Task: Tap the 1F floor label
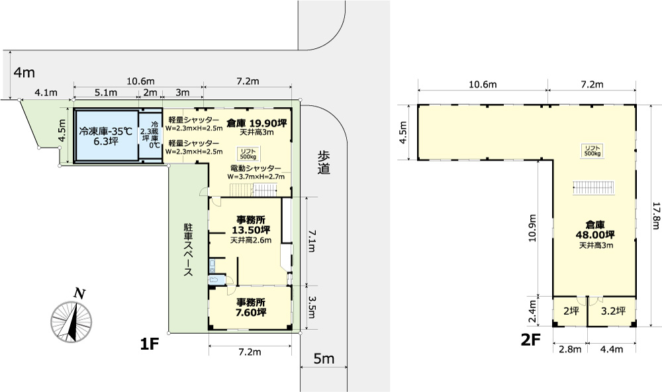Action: coord(149,345)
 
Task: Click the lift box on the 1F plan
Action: coord(248,153)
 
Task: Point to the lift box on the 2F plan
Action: coord(592,151)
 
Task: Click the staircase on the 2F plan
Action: coord(593,188)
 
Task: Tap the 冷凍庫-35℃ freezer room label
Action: coord(105,136)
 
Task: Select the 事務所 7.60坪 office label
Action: coord(251,307)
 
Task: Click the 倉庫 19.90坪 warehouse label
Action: coord(257,123)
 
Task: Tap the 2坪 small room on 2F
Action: coord(571,311)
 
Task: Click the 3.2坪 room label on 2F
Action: coord(613,311)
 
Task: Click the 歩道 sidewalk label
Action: coord(324,163)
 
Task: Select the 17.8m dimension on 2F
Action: coord(655,216)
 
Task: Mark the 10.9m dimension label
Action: coord(532,228)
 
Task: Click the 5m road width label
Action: coord(324,359)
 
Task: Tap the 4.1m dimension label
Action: coord(46,93)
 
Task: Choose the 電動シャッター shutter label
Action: coord(256,168)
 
